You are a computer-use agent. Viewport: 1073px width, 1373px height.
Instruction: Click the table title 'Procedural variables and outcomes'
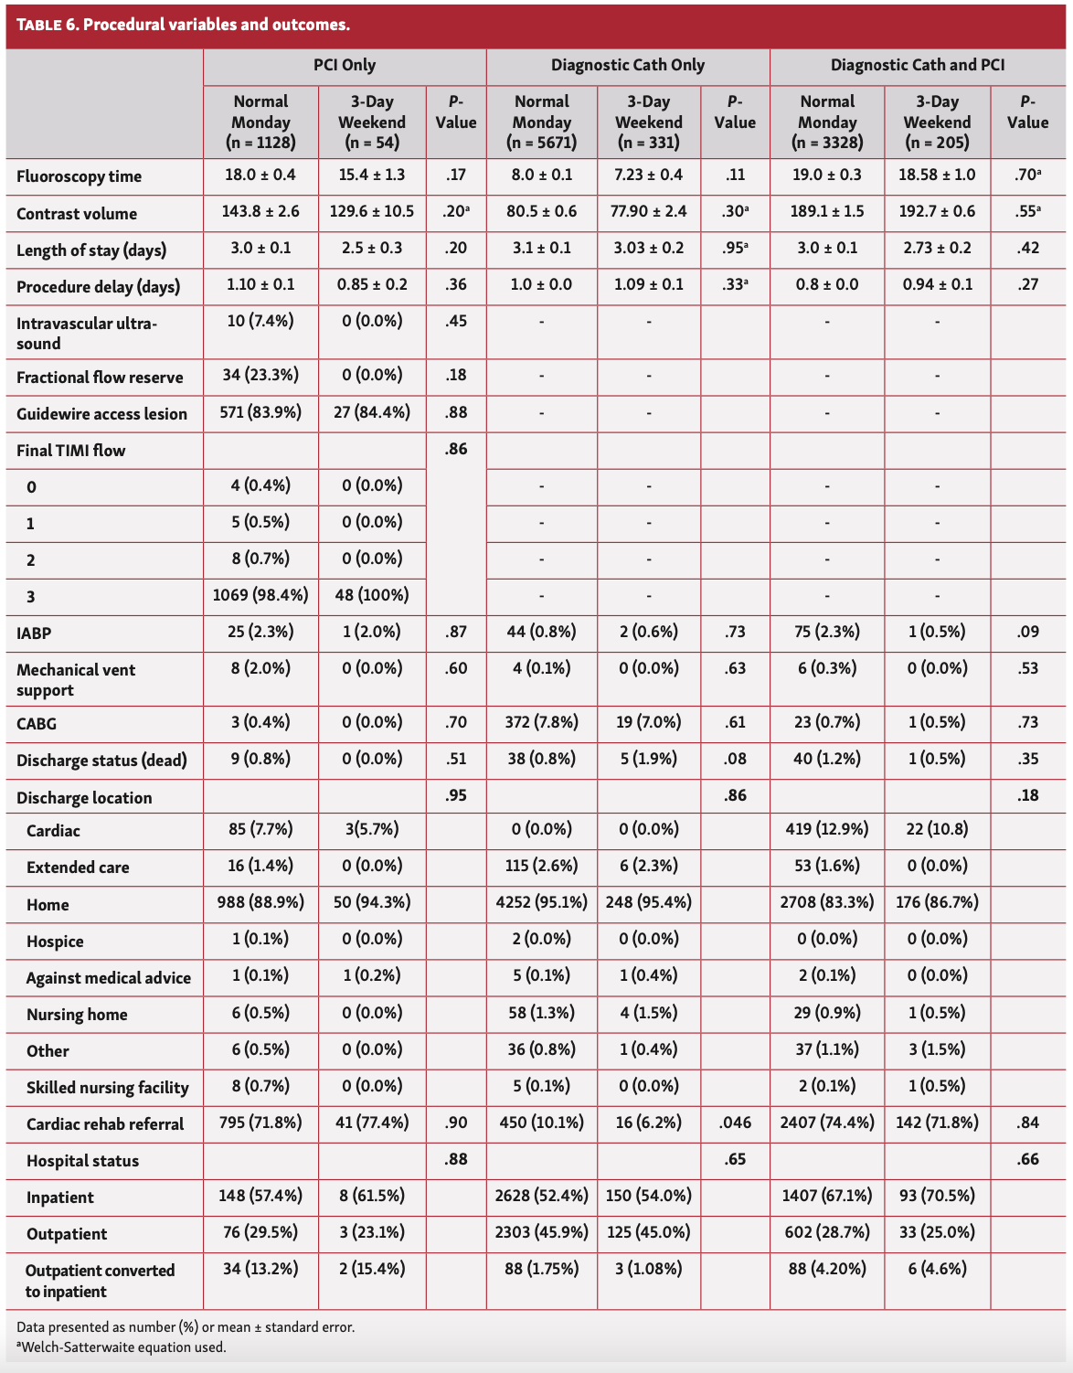(217, 24)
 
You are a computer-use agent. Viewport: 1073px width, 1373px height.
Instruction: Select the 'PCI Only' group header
(345, 65)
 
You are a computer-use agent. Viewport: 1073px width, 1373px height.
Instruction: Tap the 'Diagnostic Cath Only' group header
(628, 65)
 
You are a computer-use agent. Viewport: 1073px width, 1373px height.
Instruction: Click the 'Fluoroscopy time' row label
(79, 176)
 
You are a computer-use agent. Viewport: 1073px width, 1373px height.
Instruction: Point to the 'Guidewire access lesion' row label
(101, 414)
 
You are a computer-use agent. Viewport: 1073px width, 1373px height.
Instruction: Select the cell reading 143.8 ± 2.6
(260, 212)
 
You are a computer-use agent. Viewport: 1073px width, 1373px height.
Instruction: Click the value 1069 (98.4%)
(260, 595)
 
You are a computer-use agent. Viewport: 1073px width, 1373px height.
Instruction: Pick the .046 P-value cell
(735, 1123)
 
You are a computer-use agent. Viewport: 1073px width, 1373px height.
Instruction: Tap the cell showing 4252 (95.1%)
(541, 902)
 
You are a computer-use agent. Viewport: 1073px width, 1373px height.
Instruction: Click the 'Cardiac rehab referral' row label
(105, 1124)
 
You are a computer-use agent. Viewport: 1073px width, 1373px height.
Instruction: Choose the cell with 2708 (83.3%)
(826, 902)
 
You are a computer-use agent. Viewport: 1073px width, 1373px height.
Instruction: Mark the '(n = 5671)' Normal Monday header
(541, 143)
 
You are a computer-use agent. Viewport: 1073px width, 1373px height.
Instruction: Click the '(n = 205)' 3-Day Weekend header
(937, 143)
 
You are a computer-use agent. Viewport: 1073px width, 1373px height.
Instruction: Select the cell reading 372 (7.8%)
(541, 722)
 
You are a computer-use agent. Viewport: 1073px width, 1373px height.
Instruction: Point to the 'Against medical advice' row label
(109, 978)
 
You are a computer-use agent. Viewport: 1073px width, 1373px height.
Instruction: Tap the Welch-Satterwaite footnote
(121, 1346)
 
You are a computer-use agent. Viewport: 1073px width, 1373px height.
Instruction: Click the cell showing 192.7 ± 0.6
(937, 212)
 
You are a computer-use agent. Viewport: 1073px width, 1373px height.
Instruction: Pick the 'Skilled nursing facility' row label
(107, 1088)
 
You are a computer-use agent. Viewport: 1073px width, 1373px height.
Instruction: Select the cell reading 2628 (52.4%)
(541, 1196)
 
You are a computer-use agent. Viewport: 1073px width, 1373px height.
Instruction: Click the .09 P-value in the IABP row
(1027, 632)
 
